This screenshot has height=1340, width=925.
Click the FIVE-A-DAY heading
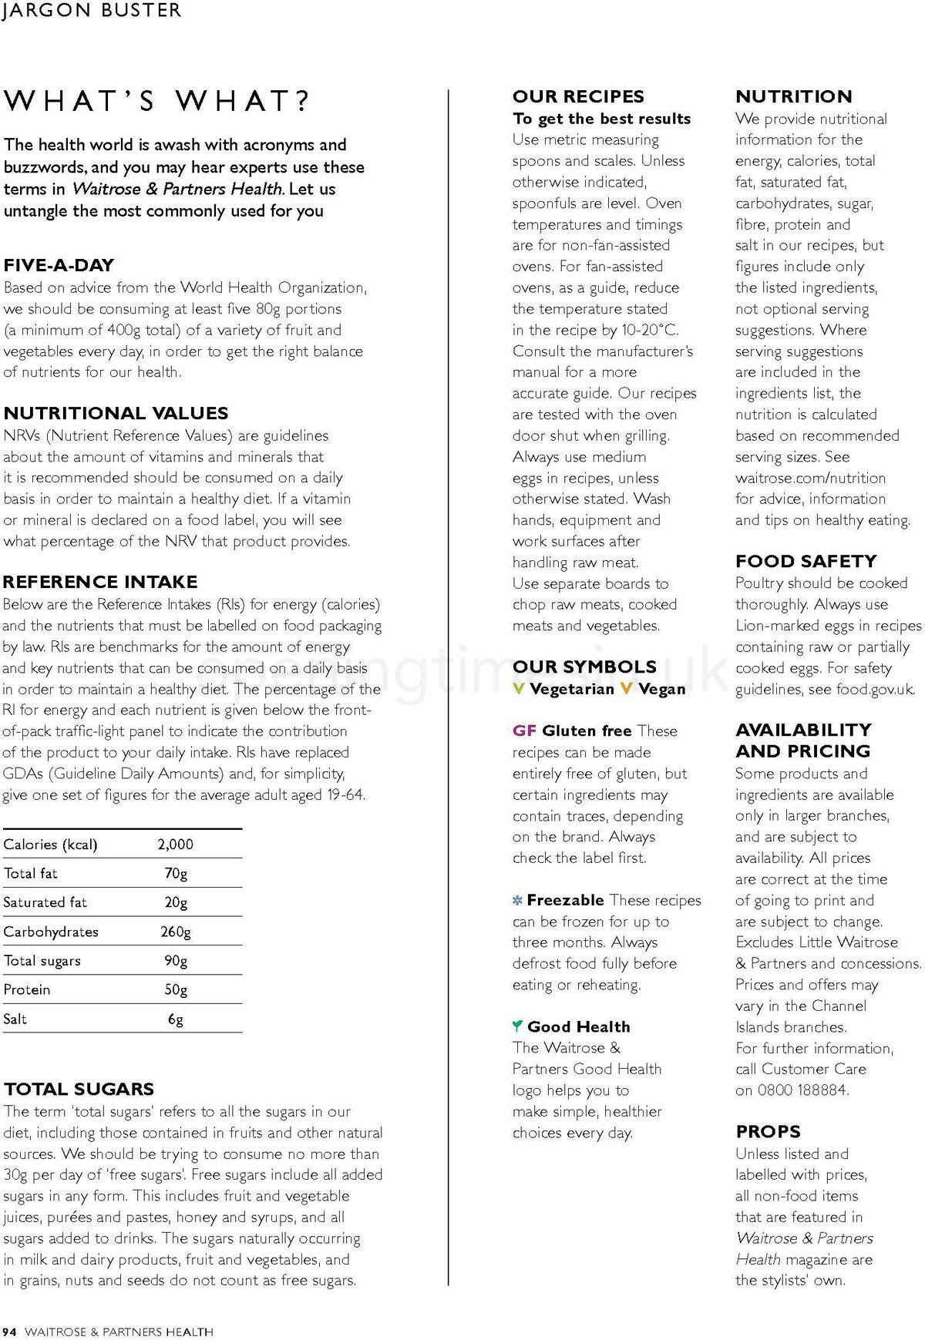(59, 265)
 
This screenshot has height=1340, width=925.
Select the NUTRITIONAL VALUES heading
(116, 413)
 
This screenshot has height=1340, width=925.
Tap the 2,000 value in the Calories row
(175, 845)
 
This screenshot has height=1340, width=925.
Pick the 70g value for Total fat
(176, 874)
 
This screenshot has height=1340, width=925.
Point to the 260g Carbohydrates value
(176, 932)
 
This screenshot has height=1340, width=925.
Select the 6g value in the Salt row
(176, 1019)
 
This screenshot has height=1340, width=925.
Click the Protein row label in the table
(26, 990)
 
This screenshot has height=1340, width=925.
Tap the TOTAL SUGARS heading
(79, 1089)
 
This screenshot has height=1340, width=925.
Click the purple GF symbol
(524, 730)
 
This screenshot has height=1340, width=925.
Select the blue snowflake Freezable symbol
(517, 901)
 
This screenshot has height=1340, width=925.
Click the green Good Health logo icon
(517, 1026)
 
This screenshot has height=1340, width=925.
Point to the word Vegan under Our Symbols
(662, 689)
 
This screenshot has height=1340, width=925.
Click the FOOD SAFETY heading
(806, 561)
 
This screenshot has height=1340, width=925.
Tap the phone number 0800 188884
(802, 1090)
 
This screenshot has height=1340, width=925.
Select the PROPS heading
(768, 1131)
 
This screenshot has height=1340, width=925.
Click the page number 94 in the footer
(9, 1332)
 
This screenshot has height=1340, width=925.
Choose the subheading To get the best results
(601, 119)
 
